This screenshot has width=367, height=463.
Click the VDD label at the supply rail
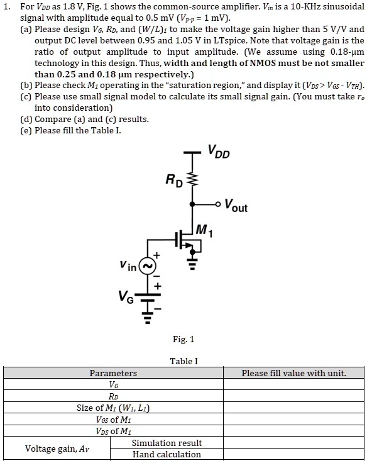point(219,152)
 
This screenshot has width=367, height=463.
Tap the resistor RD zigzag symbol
point(192,179)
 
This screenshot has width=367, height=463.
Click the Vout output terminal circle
point(217,204)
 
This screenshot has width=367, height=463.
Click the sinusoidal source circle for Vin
point(147,265)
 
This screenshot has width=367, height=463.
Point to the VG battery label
point(126,296)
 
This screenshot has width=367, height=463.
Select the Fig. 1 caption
point(183,339)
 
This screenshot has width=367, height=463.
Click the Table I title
point(183,361)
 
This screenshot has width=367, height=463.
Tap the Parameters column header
point(113,373)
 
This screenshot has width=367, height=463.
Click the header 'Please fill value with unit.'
point(294,373)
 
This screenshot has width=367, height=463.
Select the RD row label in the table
point(113,396)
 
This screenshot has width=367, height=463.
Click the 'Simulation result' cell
point(167,443)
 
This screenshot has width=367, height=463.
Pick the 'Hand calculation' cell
point(167,454)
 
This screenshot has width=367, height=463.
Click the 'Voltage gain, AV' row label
point(57,449)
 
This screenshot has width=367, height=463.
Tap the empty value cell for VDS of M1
point(293,431)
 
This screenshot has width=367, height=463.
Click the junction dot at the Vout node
point(192,204)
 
